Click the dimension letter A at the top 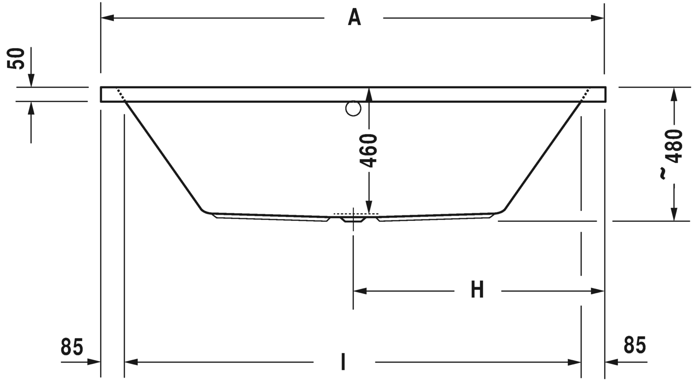354,17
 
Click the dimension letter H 478,290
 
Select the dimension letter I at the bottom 343,362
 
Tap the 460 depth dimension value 369,150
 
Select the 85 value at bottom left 72,347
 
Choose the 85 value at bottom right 634,345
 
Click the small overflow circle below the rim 353,109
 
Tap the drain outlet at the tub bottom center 353,219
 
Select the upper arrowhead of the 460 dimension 369,94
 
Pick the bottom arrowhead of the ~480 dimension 674,214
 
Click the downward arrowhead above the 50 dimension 31,81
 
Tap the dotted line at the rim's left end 121,94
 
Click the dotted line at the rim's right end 585,94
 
